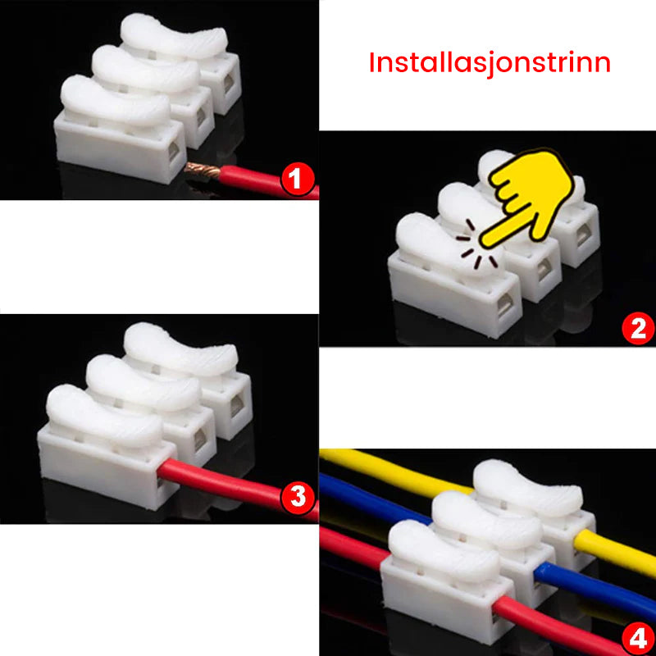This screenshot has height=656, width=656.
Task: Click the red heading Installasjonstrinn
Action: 490,64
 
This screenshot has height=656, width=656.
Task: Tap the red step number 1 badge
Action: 298,179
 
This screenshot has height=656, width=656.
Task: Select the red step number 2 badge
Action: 638,330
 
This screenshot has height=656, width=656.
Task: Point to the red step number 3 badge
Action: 298,498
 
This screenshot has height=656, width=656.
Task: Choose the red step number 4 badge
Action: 638,639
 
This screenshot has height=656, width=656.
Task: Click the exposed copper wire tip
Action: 202,171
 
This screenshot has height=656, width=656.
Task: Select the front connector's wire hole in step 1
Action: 172,152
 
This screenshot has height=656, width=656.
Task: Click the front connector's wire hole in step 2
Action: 505,305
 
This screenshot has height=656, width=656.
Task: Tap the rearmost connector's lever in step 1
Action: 174,36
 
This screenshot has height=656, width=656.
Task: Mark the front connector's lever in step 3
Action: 104,417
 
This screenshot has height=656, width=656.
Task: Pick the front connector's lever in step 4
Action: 444,551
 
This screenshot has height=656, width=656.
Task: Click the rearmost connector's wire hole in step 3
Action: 236,404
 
